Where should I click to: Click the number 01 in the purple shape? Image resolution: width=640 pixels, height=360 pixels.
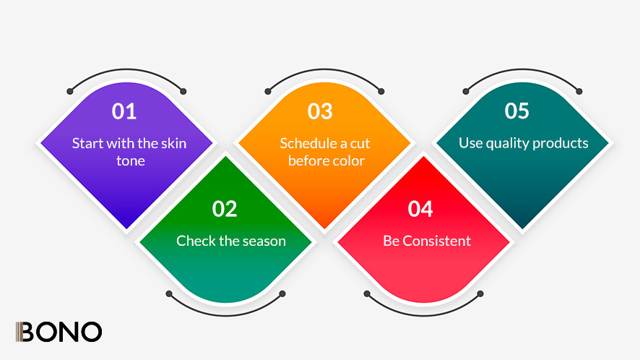[x=124, y=111]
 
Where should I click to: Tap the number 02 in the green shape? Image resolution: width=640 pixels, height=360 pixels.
[x=225, y=209]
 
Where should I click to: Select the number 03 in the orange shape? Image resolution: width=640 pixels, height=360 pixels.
[x=320, y=111]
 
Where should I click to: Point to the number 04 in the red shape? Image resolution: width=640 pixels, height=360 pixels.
[x=420, y=209]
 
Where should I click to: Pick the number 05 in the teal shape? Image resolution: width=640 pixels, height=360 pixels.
[x=516, y=111]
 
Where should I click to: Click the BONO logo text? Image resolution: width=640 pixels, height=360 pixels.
[x=59, y=332]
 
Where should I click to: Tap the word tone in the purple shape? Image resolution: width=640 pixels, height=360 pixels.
[x=131, y=161]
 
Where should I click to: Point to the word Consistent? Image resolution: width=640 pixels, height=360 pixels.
[x=437, y=241]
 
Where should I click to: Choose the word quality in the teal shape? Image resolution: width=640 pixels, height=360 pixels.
[x=507, y=143]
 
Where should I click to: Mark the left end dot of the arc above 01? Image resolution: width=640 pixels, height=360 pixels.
[x=70, y=92]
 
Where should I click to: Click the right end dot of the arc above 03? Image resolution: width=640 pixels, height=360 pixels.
[x=381, y=92]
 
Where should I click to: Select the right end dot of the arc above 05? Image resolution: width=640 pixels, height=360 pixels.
[x=579, y=92]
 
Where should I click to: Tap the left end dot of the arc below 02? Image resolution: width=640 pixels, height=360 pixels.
[x=169, y=293]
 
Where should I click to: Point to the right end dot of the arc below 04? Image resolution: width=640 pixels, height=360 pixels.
[x=480, y=293]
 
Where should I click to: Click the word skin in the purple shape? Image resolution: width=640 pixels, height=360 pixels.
[x=174, y=143]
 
